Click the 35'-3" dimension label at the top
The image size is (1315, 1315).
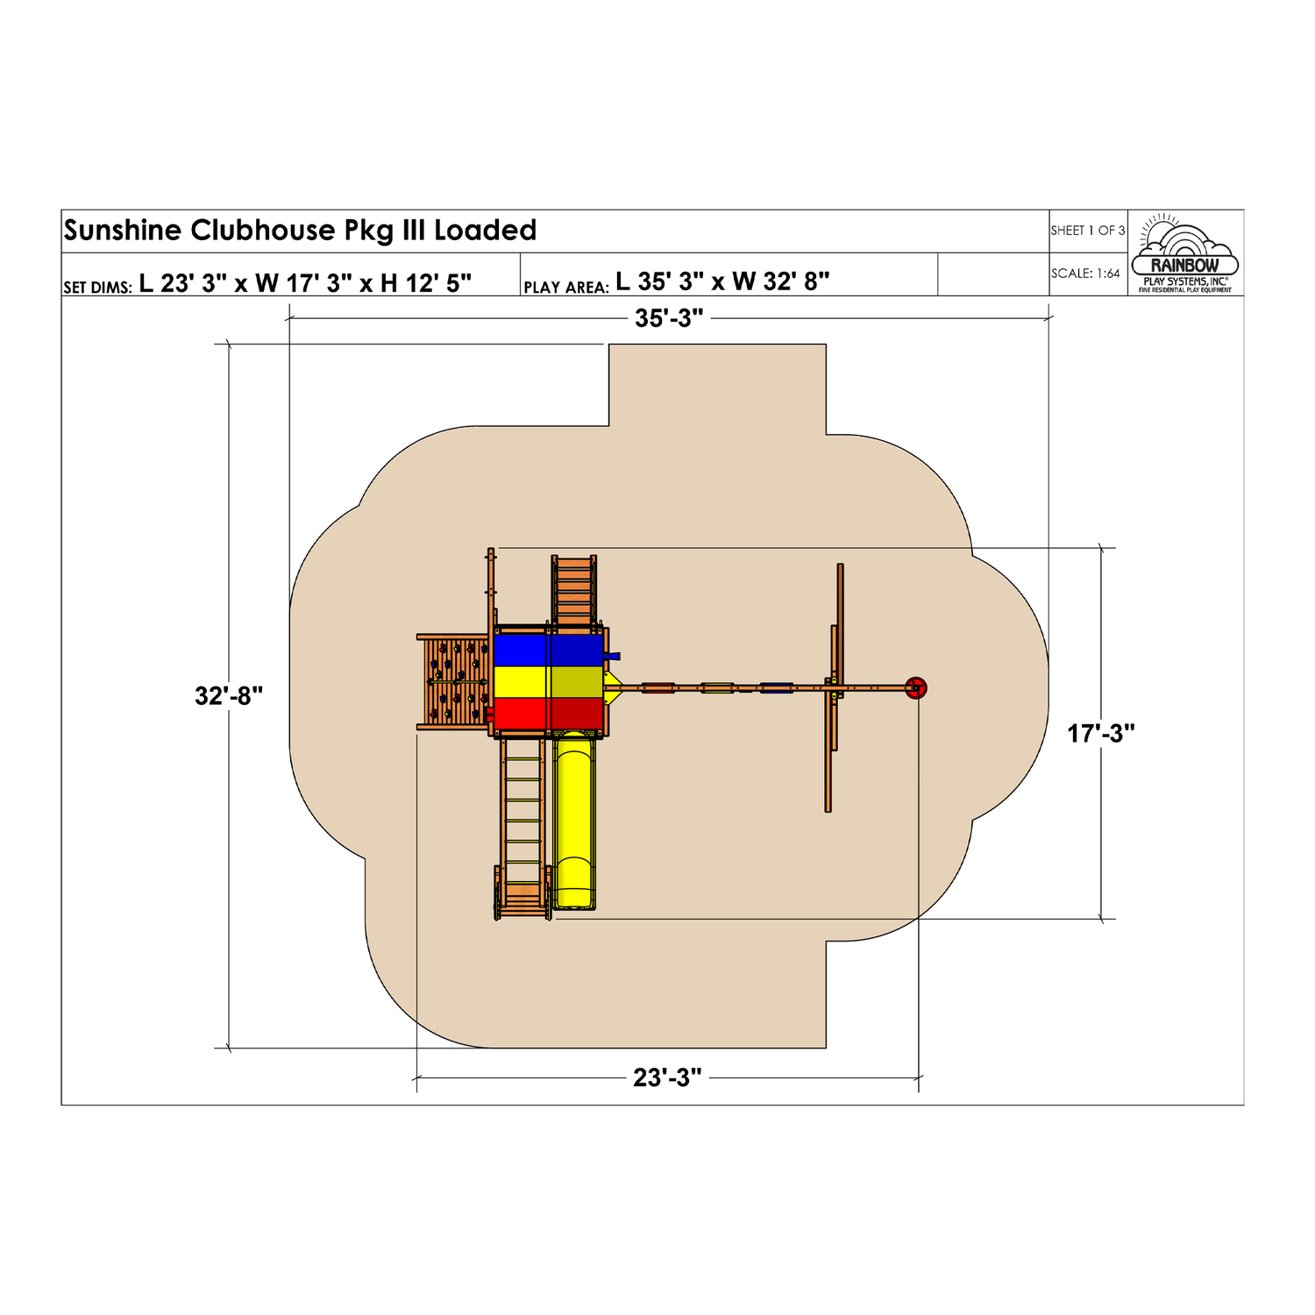pyautogui.click(x=669, y=318)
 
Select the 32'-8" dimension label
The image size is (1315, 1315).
pyautogui.click(x=229, y=696)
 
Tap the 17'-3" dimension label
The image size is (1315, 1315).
pyautogui.click(x=1101, y=734)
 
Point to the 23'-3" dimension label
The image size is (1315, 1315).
pyautogui.click(x=668, y=1077)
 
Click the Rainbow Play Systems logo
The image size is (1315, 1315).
pyautogui.click(x=1185, y=252)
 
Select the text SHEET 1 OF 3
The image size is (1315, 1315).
pyautogui.click(x=1088, y=231)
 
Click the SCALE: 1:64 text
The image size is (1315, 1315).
pyautogui.click(x=1085, y=274)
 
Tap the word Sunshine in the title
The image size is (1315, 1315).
pyautogui.click(x=123, y=231)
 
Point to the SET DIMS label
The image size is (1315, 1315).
pyautogui.click(x=97, y=287)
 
